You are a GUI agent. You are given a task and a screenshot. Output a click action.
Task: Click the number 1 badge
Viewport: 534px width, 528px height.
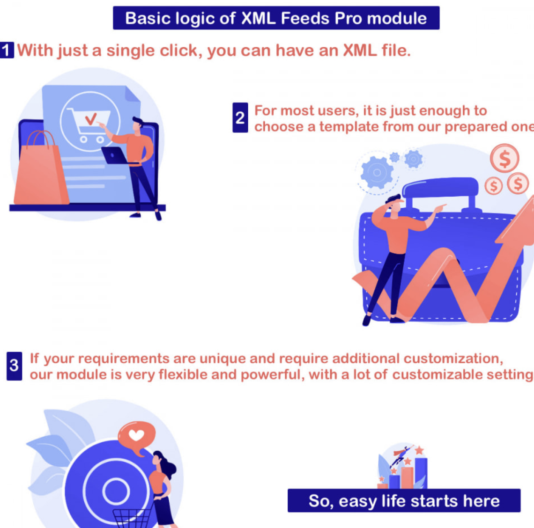tap(7, 50)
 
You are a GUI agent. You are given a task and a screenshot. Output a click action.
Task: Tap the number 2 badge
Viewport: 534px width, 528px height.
tap(240, 117)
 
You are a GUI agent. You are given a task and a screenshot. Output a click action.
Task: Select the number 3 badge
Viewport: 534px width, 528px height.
tap(14, 366)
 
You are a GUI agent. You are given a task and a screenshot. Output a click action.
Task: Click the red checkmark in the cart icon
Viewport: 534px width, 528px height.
tap(91, 118)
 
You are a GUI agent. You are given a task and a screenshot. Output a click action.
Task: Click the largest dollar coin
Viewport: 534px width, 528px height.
tap(504, 158)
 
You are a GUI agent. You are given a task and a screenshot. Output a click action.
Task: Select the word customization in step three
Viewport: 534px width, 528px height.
tap(453, 359)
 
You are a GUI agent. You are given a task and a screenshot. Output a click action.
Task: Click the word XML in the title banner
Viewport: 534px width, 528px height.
tap(260, 18)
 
